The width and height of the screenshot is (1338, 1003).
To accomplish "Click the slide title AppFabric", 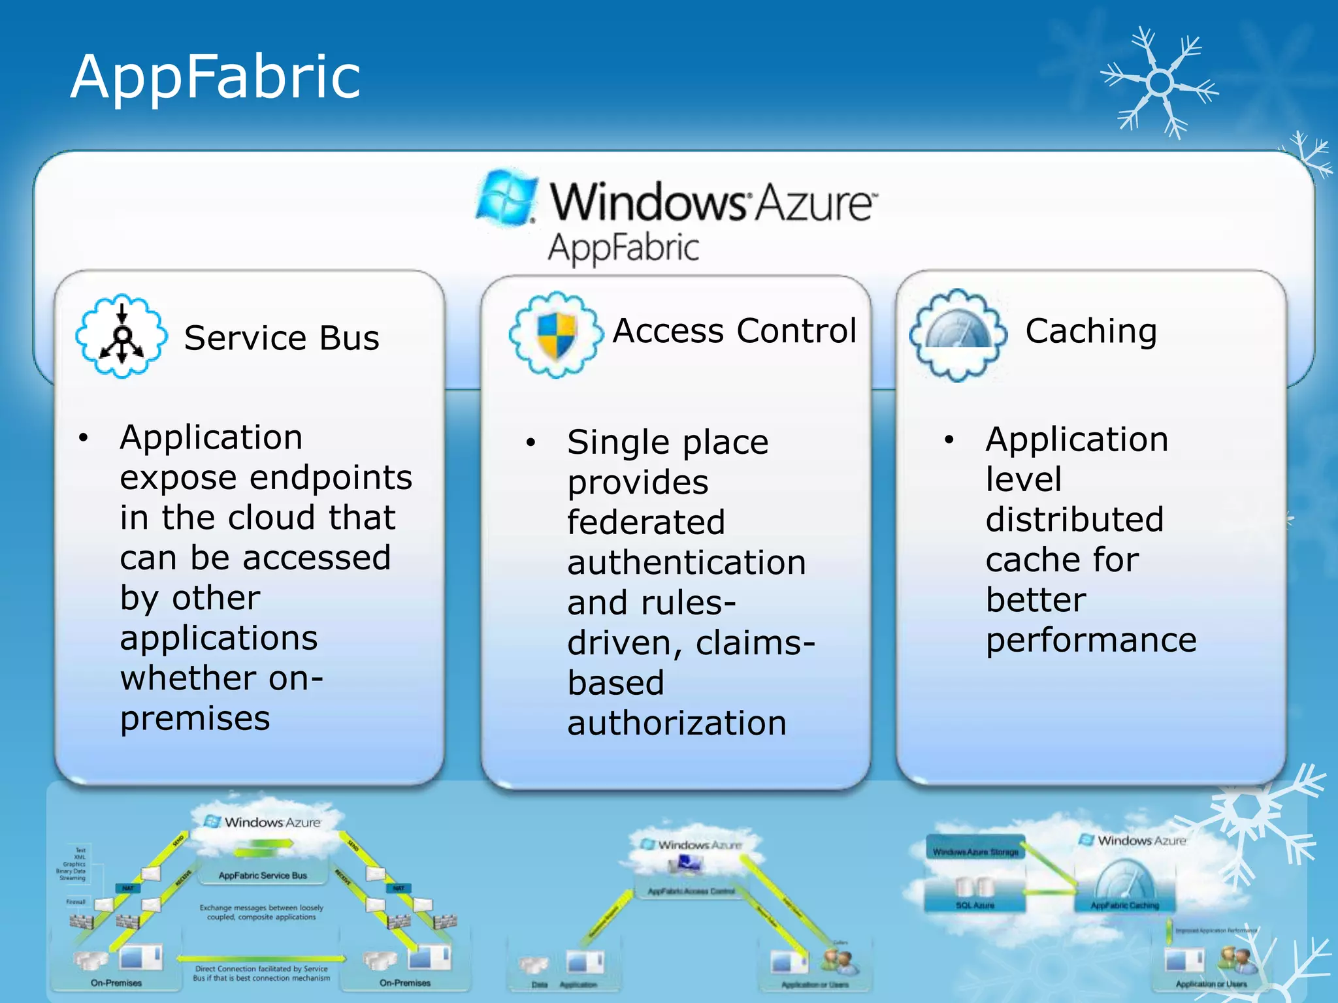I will (215, 77).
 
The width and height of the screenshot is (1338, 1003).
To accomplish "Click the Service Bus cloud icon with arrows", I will (122, 336).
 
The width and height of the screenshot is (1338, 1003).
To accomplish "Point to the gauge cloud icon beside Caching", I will (958, 334).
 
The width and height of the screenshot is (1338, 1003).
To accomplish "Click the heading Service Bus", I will (282, 338).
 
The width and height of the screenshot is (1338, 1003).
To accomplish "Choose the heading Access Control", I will (734, 330).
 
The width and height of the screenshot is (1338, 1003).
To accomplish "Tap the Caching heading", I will (1091, 331).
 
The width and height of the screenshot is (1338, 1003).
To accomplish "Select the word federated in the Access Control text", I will (646, 522).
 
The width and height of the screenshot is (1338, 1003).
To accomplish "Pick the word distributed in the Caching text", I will (1075, 520).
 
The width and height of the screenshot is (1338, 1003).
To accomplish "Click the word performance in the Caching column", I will (1091, 641).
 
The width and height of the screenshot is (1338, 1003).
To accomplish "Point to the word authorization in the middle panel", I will (677, 724).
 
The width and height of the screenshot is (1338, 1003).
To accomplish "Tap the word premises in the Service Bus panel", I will (195, 719).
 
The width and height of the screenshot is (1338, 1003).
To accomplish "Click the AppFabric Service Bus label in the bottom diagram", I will (263, 876).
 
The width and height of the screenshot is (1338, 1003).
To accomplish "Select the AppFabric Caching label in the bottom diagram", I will (1124, 906).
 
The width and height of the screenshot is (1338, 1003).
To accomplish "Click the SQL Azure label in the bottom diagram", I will (975, 906).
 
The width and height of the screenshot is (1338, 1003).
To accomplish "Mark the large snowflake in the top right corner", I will (1160, 82).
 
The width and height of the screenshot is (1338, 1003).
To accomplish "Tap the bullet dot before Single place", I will (530, 443).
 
